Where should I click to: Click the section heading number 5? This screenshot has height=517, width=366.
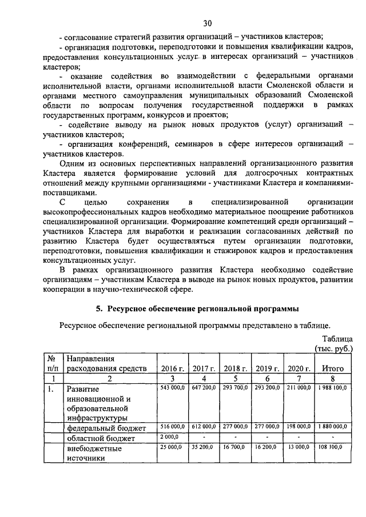98,309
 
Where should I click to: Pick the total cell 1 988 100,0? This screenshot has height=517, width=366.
332,388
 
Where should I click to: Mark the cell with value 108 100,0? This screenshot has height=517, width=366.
333,448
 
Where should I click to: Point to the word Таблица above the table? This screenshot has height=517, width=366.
337,338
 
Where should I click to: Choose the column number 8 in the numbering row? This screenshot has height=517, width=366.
332,378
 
